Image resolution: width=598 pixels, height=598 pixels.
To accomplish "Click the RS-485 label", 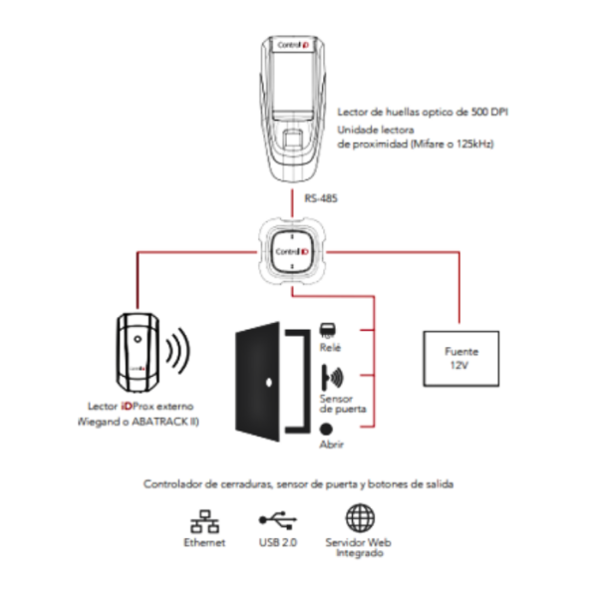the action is [321, 198].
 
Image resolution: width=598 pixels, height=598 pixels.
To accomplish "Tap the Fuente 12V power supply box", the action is [461, 359].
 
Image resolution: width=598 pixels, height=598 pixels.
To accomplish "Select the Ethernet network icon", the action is [204, 521].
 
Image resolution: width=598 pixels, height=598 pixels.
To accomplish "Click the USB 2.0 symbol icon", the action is [278, 520].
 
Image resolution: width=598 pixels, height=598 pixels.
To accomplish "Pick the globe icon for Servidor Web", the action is [360, 518].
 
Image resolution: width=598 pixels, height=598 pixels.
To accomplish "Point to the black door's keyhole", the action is [268, 382].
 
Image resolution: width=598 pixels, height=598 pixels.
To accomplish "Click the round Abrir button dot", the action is [326, 429].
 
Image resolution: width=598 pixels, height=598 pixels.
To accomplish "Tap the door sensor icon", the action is [332, 378].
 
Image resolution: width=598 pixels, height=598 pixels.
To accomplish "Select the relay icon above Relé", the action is [328, 330].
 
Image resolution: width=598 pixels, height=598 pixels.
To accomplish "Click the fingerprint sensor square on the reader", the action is [292, 139].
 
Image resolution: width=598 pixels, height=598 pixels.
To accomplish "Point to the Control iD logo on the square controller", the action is [292, 252].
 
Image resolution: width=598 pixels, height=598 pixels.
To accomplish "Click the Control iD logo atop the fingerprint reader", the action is [293, 45].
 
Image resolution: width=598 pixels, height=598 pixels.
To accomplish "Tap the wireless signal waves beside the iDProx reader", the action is [177, 351].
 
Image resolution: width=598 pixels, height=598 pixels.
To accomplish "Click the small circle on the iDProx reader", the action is [138, 339].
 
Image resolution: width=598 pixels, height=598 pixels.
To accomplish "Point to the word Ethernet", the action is [204, 542].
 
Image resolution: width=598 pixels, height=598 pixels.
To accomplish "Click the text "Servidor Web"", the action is [359, 542].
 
